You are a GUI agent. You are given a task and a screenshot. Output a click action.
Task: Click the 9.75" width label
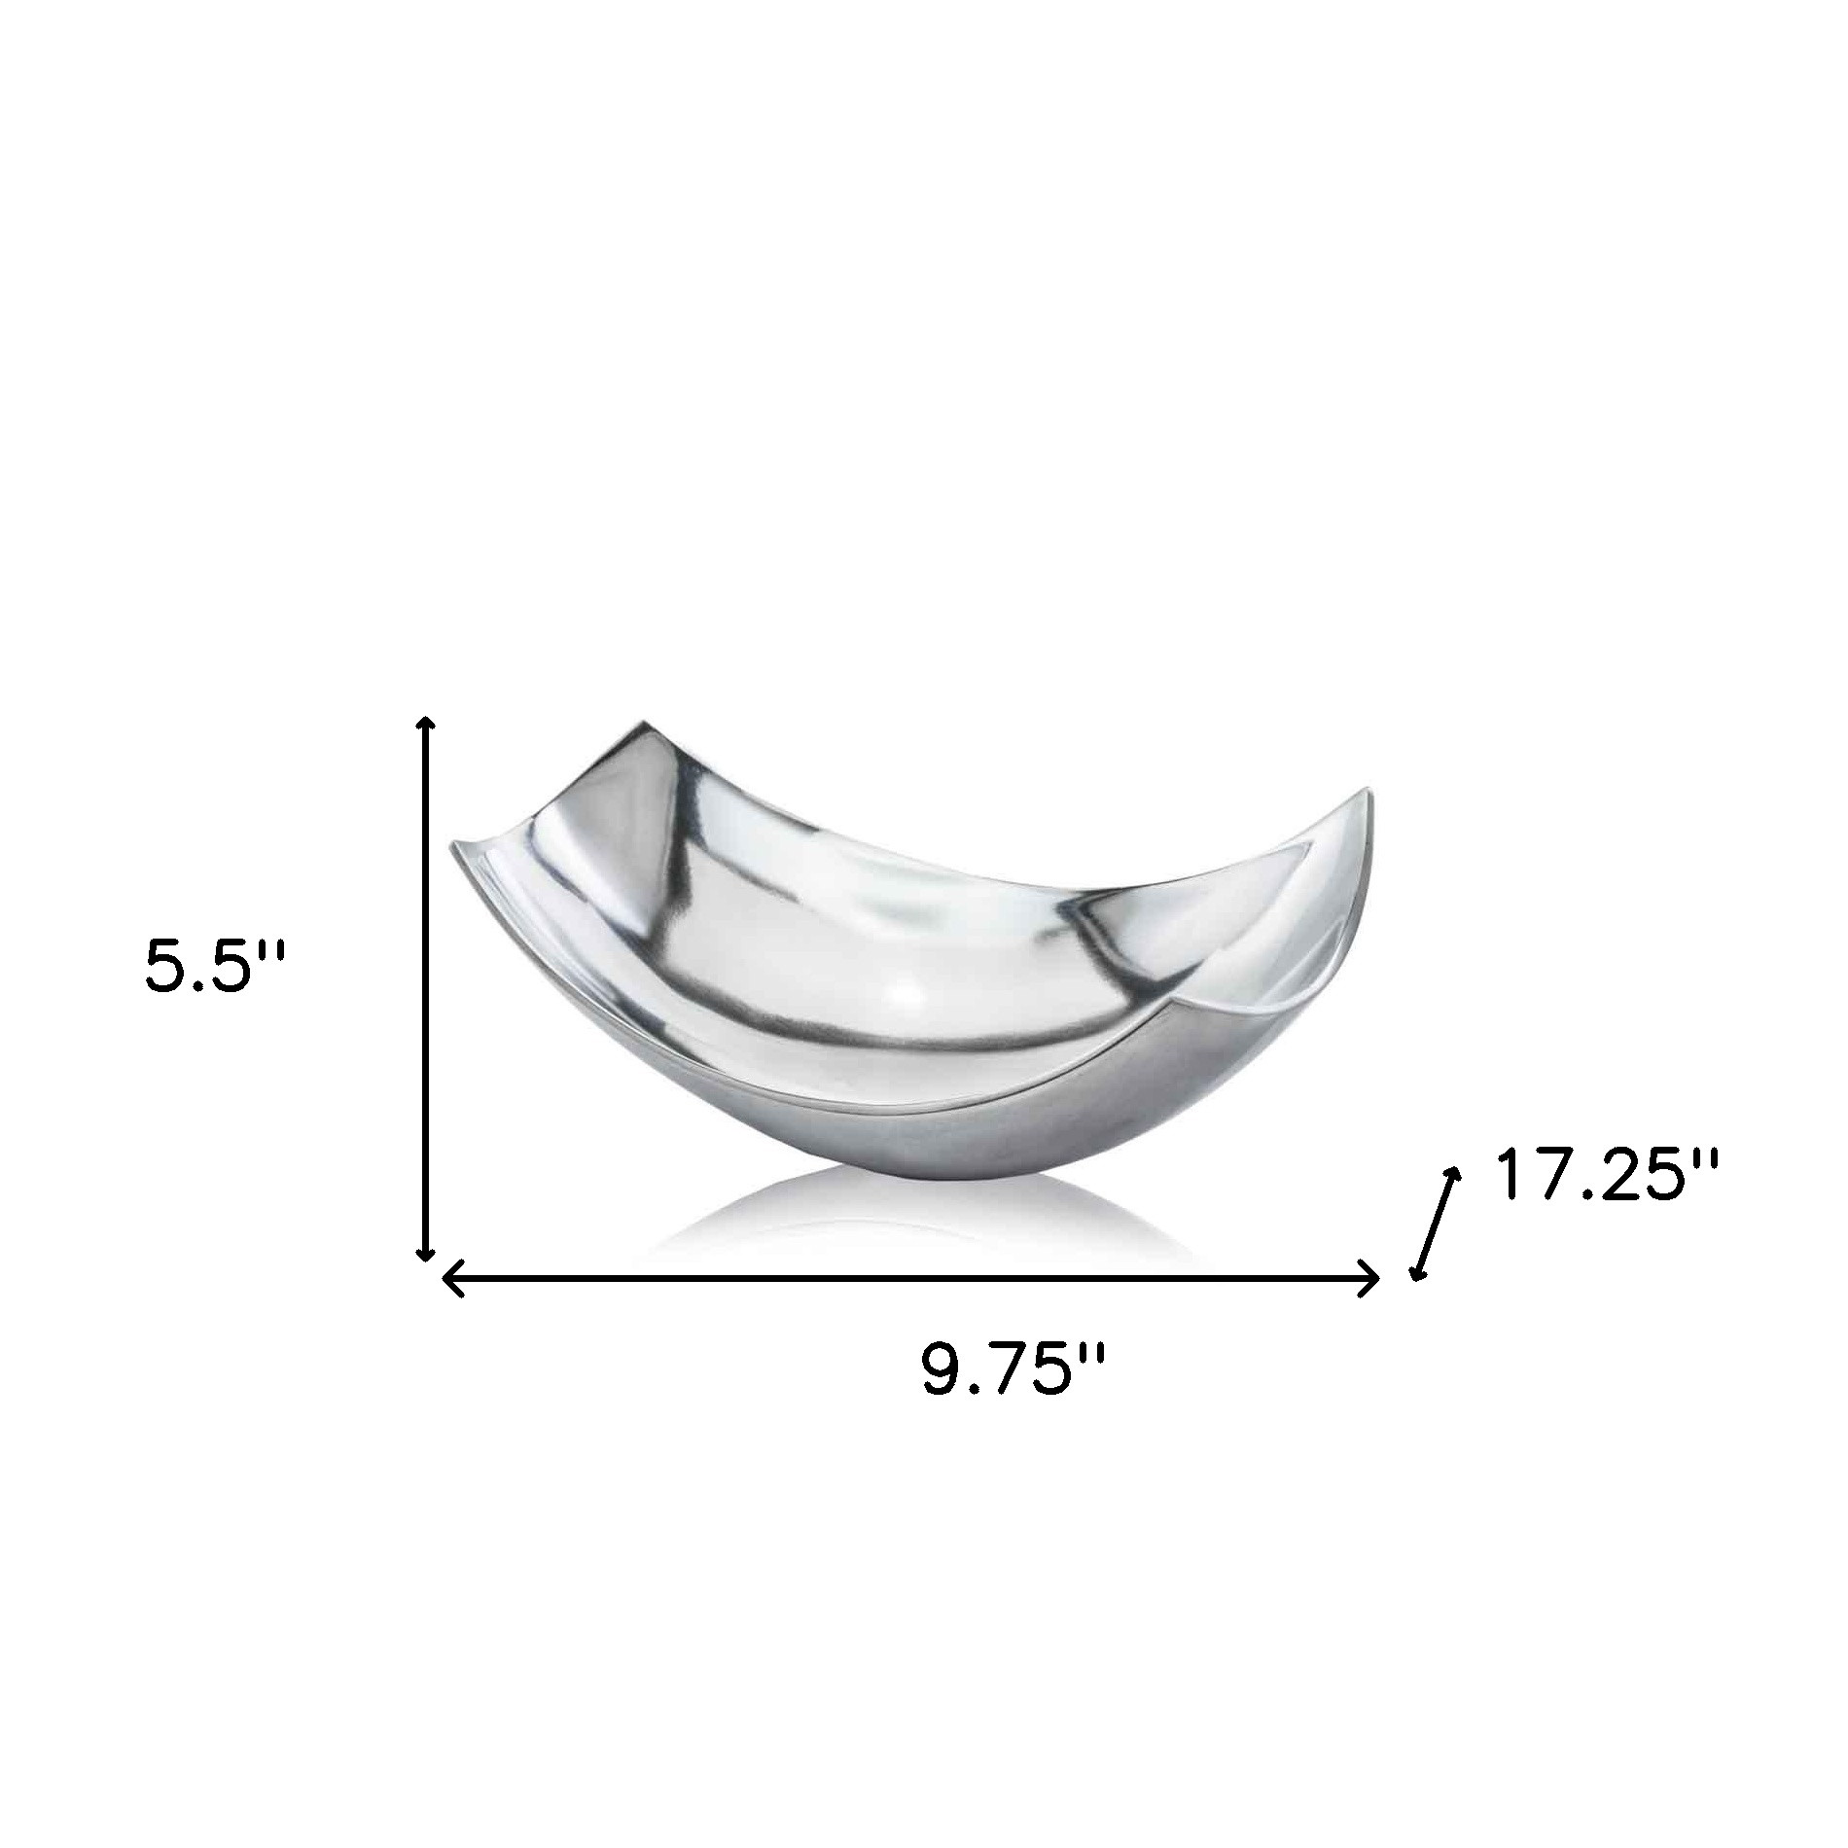(x=1013, y=1369)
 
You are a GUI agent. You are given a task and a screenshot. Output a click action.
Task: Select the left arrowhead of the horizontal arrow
(x=449, y=1277)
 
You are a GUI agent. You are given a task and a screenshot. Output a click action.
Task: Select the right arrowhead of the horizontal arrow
(x=1372, y=1277)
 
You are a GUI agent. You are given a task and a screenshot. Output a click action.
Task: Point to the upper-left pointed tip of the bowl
(x=637, y=725)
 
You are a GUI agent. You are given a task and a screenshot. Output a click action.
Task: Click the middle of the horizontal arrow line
(x=910, y=1277)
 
